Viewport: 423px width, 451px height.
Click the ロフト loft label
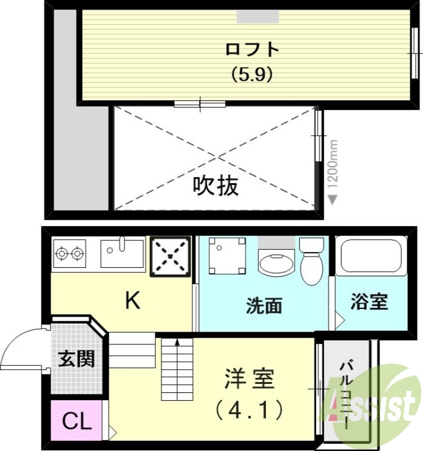[x=252, y=50]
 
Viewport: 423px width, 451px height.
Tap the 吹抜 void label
[x=216, y=185]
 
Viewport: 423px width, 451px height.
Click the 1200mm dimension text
[x=333, y=163]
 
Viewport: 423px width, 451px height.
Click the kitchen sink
[x=122, y=253]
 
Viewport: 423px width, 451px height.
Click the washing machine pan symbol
[x=227, y=255]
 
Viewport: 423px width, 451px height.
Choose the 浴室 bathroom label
[x=369, y=302]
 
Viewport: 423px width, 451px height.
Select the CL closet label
[x=76, y=421]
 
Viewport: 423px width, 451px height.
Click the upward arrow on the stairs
[x=177, y=341]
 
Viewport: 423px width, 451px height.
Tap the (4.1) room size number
[x=249, y=411]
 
